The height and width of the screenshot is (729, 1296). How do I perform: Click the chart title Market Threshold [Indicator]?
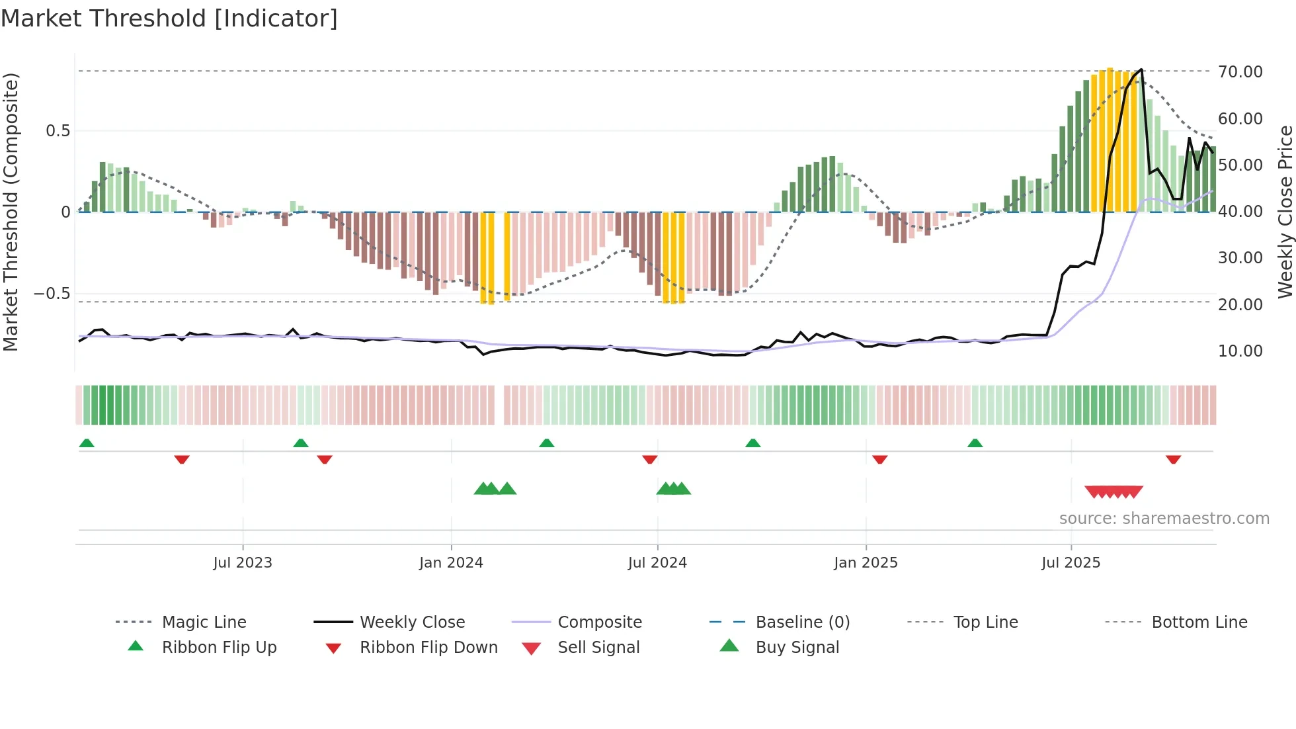click(x=169, y=19)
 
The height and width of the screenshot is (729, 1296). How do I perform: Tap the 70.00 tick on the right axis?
click(x=1240, y=71)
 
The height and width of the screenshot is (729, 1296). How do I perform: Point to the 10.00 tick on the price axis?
click(x=1240, y=351)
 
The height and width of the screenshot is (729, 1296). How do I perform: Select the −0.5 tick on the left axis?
click(x=52, y=294)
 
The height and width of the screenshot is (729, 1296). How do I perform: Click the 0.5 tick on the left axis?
click(x=58, y=131)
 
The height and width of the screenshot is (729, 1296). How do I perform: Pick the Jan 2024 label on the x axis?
click(x=451, y=563)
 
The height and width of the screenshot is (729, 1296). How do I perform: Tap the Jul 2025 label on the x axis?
click(x=1071, y=563)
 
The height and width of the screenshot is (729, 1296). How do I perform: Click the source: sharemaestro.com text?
click(x=1164, y=519)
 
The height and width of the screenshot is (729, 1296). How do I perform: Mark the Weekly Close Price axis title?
click(x=1285, y=212)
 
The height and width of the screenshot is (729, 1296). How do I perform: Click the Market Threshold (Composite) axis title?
click(x=11, y=212)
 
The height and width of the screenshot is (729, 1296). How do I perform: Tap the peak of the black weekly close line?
click(x=1141, y=69)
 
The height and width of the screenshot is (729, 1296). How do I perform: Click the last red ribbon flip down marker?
click(x=1173, y=459)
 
